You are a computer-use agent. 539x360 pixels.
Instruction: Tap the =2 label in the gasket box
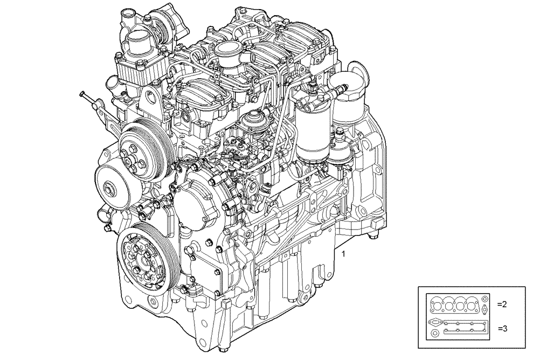pyautogui.click(x=501, y=304)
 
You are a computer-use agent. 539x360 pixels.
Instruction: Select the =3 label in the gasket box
pyautogui.click(x=501, y=328)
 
